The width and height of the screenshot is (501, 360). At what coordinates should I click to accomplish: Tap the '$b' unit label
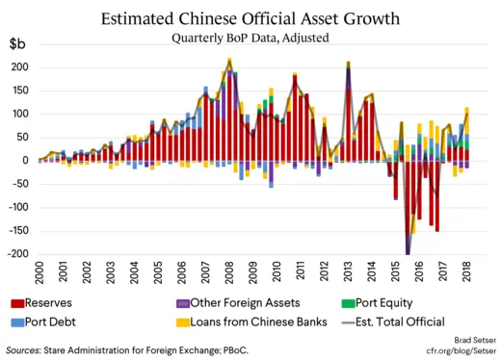click(17, 45)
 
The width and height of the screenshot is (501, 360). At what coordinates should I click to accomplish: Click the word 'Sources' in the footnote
click(29, 351)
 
